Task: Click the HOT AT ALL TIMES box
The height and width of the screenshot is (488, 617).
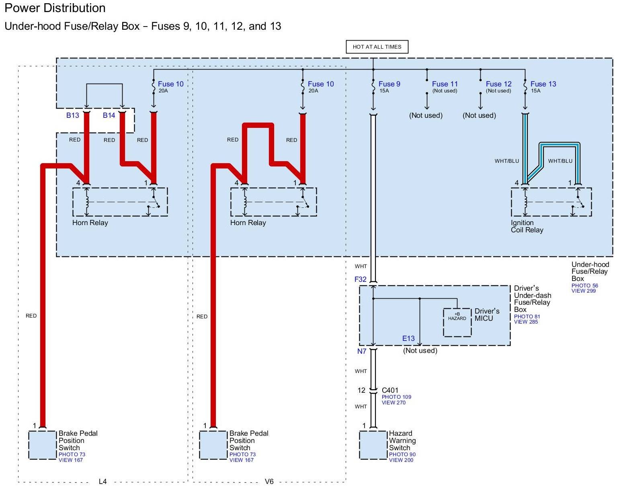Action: (377, 47)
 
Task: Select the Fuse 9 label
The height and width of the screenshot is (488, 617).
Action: (389, 84)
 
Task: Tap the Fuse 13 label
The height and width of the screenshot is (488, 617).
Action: (543, 84)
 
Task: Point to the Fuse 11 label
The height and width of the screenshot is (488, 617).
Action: (445, 84)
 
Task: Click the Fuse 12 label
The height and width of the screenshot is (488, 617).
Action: (498, 84)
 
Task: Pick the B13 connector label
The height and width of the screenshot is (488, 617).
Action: (73, 115)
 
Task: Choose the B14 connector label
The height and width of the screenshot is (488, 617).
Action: (109, 115)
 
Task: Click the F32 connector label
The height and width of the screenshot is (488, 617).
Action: (360, 279)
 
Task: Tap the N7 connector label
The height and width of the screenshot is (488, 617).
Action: (362, 351)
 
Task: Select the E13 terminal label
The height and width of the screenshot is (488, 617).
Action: (408, 338)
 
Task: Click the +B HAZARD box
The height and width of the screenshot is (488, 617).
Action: (457, 322)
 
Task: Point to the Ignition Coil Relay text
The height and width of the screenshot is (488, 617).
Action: (527, 226)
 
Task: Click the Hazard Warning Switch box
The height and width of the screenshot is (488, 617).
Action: (373, 445)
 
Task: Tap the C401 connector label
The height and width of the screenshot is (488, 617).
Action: (390, 390)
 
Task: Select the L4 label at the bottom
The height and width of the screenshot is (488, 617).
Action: (103, 481)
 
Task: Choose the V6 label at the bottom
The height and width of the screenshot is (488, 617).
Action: (269, 481)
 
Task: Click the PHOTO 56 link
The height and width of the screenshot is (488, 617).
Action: (584, 285)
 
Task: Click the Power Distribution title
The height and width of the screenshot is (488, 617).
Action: (55, 8)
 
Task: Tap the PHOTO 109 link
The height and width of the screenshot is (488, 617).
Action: (396, 397)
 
